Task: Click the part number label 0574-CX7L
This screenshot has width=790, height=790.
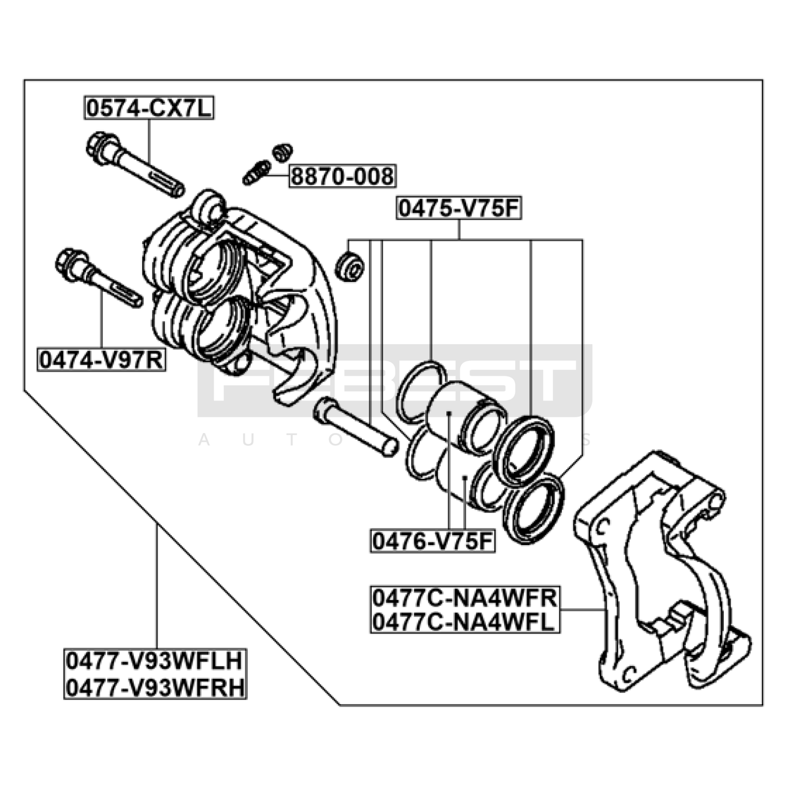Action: (149, 108)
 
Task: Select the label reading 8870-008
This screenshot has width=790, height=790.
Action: (342, 176)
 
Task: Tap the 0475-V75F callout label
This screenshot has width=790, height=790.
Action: (459, 209)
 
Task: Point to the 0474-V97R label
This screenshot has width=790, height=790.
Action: (101, 360)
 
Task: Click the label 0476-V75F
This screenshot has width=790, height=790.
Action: (433, 542)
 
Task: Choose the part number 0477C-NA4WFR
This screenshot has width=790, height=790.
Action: (465, 598)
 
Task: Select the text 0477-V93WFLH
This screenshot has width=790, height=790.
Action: (155, 661)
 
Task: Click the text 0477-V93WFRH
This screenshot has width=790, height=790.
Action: (155, 687)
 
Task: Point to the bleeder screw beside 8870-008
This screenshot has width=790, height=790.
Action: (256, 173)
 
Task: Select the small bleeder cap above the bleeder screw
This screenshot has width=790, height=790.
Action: (282, 152)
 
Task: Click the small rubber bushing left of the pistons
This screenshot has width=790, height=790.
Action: (350, 267)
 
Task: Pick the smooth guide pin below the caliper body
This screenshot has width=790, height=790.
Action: (355, 427)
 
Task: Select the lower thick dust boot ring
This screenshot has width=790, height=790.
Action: (533, 509)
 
